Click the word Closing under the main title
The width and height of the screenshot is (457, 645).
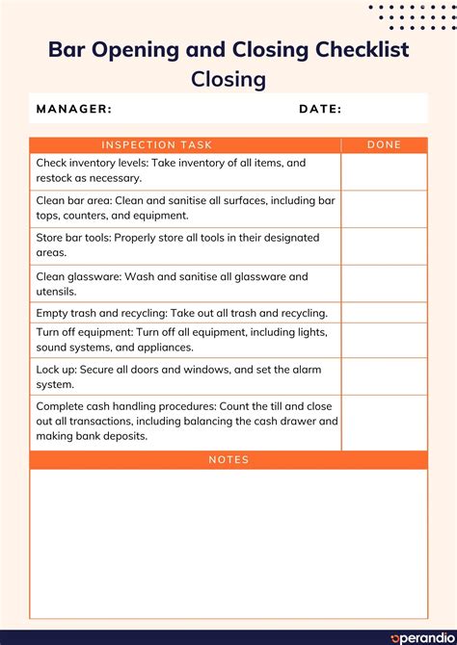pos(228,79)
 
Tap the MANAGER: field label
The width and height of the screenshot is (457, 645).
pos(74,109)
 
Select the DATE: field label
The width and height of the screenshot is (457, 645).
pos(320,109)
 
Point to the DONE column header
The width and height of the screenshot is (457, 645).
pos(384,145)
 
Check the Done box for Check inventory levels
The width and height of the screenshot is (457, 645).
pos(384,171)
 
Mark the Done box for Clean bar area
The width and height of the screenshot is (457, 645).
pos(384,209)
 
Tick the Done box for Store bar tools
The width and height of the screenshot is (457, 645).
pos(384,245)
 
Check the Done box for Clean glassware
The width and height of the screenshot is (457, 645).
pos(384,284)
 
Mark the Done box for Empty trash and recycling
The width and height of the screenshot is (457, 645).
pos(384,313)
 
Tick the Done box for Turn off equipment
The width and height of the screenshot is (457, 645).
pos(384,340)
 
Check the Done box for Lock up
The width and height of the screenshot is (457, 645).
pos(384,376)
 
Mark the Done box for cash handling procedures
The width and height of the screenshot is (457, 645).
pos(384,423)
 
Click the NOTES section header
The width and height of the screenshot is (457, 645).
pos(228,460)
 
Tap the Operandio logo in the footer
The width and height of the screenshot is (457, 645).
pos(417,637)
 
